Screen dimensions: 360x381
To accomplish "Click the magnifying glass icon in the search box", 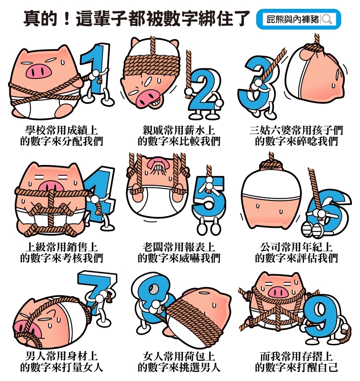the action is click(x=327, y=19).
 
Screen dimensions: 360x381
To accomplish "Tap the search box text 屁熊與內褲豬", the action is click(x=292, y=19).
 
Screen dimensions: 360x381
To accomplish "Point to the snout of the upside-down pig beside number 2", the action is click(x=146, y=98).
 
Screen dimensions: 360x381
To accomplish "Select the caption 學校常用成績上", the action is click(x=62, y=130).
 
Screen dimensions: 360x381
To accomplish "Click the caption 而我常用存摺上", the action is click(x=296, y=357).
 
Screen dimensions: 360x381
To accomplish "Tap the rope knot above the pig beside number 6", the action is click(x=271, y=165).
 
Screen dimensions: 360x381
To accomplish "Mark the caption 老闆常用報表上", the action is click(x=179, y=247).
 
